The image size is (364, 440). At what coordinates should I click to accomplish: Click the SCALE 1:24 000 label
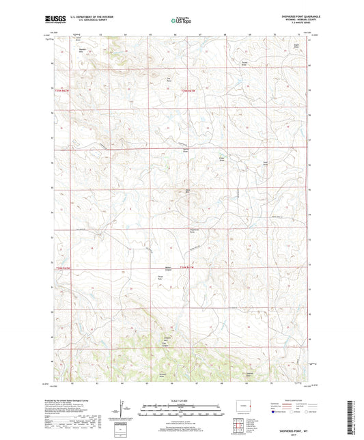point(181,400)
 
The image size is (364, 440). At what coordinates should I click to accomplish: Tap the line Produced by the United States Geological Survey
point(68,400)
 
